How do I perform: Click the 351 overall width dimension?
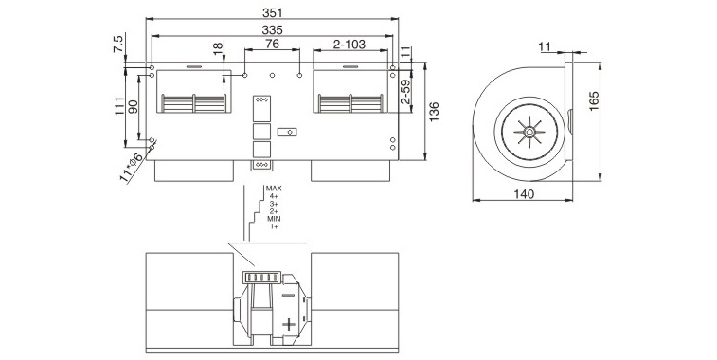(x=272, y=13)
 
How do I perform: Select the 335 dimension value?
(x=272, y=29)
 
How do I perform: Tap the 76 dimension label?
(x=272, y=44)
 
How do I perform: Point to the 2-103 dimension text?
(x=350, y=44)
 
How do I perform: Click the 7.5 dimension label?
(x=118, y=44)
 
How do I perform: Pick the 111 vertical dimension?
(x=119, y=107)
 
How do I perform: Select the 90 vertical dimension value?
(x=133, y=107)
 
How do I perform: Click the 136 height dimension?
(x=434, y=111)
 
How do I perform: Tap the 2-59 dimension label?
(x=405, y=92)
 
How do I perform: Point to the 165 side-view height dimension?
(x=594, y=100)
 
